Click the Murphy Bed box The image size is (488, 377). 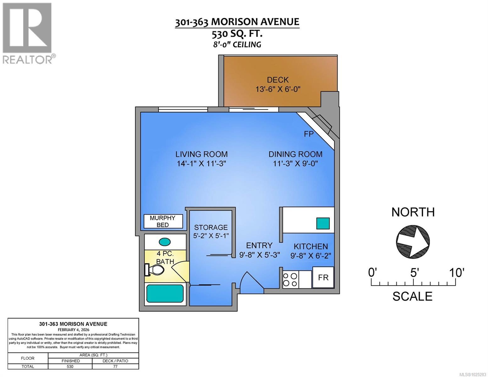[x=163, y=221]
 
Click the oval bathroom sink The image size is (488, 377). [x=165, y=242]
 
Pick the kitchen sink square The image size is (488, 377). [x=323, y=223]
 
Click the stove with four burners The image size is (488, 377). [x=290, y=280]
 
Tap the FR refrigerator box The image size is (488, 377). [x=323, y=277]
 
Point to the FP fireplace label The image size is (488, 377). [x=309, y=134]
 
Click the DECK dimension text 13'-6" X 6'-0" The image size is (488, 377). [x=278, y=89]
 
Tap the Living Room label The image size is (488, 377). [x=201, y=154]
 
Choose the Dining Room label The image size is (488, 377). [x=295, y=154]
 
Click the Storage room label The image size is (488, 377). [x=211, y=227]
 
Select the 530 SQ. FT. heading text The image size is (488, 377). [x=237, y=33]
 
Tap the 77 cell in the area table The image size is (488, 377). [x=115, y=366]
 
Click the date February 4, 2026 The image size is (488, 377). [x=73, y=330]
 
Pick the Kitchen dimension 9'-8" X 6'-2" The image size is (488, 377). [x=310, y=256]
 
